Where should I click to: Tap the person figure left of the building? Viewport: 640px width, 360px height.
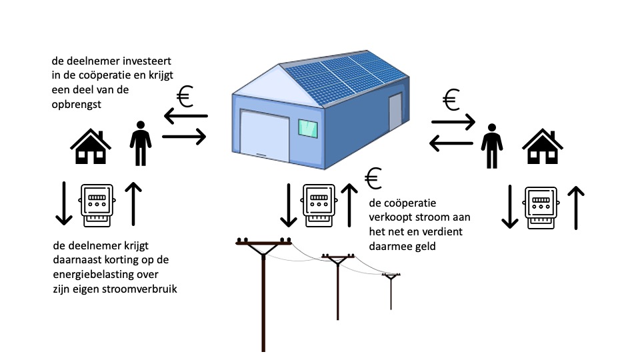140,143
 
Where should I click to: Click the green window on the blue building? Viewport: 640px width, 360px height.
307,128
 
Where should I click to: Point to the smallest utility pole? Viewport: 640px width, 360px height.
391,290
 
